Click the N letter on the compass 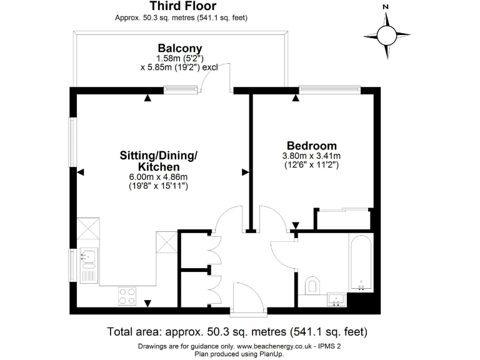click(386, 7)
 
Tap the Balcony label click(179, 48)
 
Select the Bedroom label click(311, 145)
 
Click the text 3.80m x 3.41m click(311, 156)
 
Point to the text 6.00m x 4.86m click(158, 177)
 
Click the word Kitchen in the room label click(159, 167)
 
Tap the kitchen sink click(88, 256)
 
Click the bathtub click(361, 262)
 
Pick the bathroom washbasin click(336, 299)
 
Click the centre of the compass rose click(386, 34)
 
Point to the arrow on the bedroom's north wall click(295, 97)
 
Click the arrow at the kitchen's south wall click(147, 303)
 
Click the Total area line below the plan click(237, 331)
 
